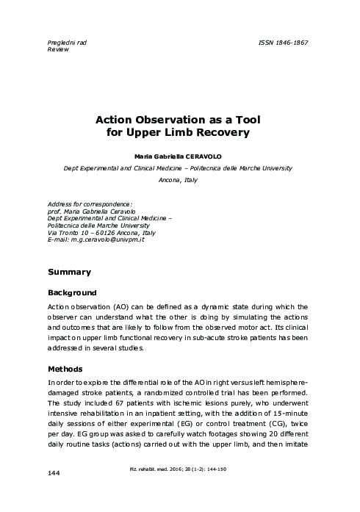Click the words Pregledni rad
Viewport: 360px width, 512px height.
point(67,43)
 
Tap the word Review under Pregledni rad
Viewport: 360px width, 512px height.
point(58,51)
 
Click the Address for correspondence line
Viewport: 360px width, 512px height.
point(89,203)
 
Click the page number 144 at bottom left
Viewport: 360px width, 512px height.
point(53,493)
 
